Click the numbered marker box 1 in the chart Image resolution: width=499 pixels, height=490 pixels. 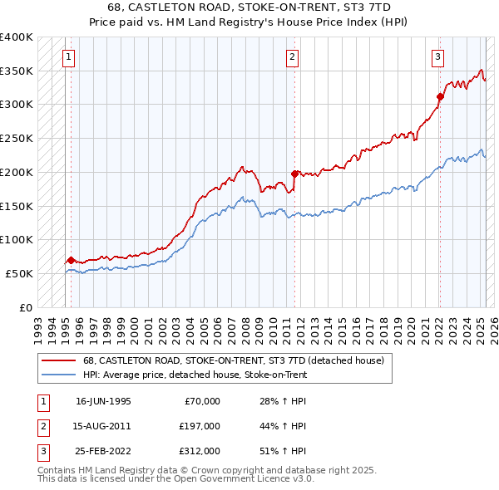pos(67,57)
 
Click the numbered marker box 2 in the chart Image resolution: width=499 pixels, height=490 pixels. pos(293,57)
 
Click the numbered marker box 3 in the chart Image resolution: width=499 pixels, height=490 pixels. pos(437,57)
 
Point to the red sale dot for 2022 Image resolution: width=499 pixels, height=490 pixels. pos(440,97)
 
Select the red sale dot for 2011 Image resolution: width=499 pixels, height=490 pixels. pos(294,174)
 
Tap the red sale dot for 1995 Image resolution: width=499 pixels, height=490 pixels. pos(71,260)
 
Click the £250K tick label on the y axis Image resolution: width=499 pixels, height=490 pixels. pos(17,138)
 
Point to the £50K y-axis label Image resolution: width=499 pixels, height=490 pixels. pos(19,273)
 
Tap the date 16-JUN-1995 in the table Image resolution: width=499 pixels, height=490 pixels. pos(103,401)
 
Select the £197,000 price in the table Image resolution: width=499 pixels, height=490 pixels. pos(200,426)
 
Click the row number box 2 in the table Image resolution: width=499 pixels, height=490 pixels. pos(42,426)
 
